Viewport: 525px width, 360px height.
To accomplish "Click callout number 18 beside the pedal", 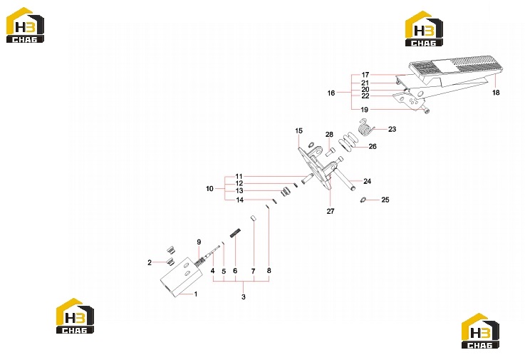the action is (x=496, y=93).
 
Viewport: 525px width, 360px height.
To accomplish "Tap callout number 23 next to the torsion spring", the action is (x=392, y=129).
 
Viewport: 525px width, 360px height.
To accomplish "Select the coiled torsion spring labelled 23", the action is (x=366, y=127).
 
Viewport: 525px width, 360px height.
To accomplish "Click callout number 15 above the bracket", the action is (x=298, y=130).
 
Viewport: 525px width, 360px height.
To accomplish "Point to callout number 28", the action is (x=329, y=135).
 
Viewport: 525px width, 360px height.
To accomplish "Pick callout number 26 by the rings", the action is (x=373, y=146).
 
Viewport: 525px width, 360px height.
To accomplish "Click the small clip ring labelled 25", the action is (x=363, y=200).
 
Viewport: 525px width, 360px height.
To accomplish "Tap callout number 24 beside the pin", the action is (x=367, y=181).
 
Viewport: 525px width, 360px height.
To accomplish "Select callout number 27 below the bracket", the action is (x=330, y=211).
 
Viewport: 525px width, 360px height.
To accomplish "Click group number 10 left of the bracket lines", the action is (x=209, y=189).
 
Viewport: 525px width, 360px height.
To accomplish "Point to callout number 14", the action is (x=240, y=200).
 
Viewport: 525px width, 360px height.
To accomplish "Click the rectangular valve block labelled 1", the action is (x=182, y=277).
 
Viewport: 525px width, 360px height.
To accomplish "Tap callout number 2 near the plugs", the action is (x=150, y=262).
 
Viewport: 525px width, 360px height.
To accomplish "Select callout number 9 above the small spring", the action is (x=199, y=242).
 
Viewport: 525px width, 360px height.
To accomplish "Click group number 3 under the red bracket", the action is (x=244, y=297).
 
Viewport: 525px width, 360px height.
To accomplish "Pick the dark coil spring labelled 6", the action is (x=235, y=232).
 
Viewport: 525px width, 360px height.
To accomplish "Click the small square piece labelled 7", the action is (x=253, y=218).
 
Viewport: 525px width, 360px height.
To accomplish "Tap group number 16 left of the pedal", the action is (x=331, y=93).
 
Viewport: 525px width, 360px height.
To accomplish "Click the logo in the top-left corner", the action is (x=25, y=25).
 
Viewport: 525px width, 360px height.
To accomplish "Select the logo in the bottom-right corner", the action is (x=480, y=331).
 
